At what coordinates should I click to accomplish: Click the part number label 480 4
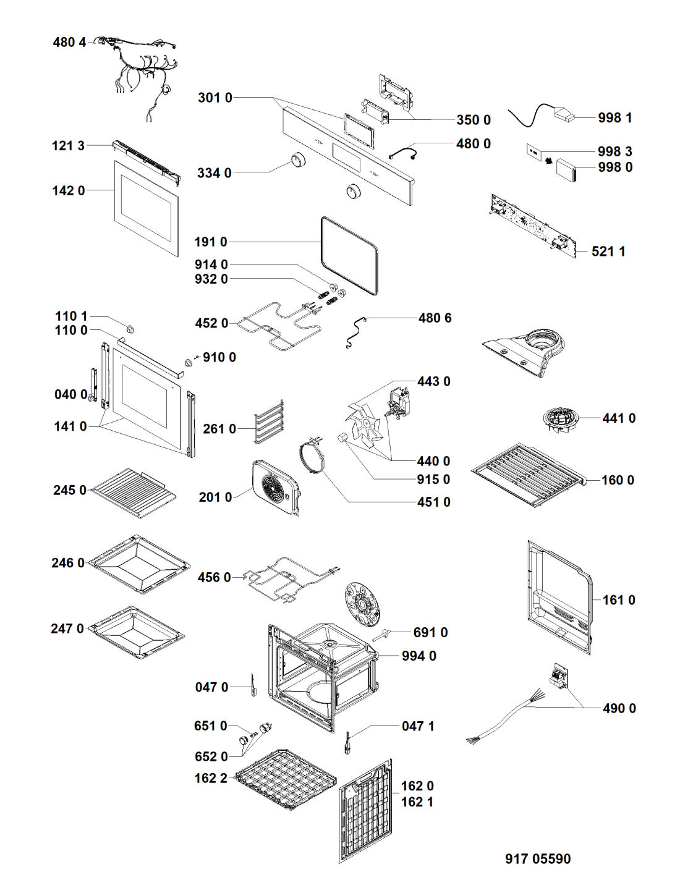pos(69,43)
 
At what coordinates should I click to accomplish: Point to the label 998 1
pos(614,118)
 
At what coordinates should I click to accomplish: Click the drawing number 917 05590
pos(538,858)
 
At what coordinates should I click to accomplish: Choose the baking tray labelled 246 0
pos(138,564)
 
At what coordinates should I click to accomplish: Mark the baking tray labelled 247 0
pos(137,632)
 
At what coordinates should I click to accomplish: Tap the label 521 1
pos(608,252)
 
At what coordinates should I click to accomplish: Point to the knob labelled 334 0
pos(299,159)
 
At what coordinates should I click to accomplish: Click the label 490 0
pos(619,709)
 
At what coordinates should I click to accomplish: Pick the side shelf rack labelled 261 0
pos(269,421)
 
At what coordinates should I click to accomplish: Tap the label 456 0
pos(214,578)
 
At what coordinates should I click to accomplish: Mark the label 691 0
pos(430,633)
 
